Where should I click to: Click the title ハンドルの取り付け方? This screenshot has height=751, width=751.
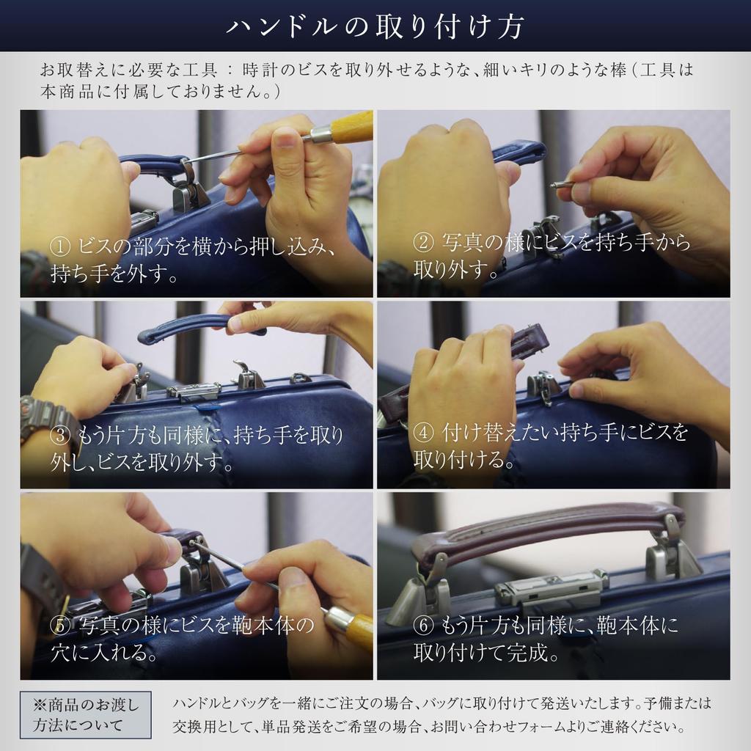375,26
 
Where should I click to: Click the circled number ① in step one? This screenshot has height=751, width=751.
60,247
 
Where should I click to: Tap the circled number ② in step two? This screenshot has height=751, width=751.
423,242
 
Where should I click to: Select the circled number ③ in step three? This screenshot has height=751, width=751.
60,435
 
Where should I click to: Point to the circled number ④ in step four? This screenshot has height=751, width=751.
423,433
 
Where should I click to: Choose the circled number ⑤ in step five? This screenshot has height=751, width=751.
60,626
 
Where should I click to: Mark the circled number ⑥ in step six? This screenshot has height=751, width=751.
423,625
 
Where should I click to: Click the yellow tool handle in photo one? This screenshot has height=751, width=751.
351,126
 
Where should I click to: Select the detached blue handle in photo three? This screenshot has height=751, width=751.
201,328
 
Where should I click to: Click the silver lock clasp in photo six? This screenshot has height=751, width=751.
551,588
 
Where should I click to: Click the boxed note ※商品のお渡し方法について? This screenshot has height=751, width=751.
86,714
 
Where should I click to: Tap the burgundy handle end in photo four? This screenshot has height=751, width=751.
532,337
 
